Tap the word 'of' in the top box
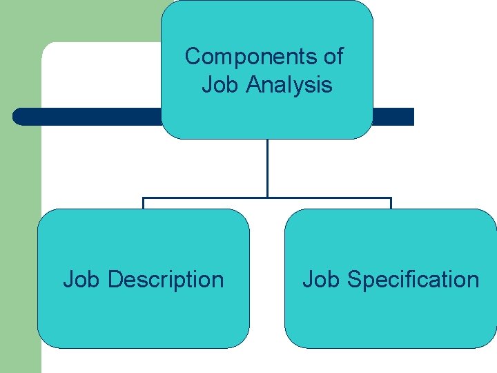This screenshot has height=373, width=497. tap(333, 56)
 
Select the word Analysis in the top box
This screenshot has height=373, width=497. tap(289, 85)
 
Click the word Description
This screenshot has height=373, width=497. tap(166, 280)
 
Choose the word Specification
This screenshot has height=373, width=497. tap(413, 280)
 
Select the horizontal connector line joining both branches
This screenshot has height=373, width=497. tap(207, 198)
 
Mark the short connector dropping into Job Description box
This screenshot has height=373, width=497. tap(144, 204)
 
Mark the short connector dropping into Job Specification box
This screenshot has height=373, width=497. tap(391, 204)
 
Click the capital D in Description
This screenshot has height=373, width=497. tap(115, 280)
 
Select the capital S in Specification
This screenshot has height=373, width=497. tap(354, 280)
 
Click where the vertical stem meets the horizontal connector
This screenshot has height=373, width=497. tap(267, 198)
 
